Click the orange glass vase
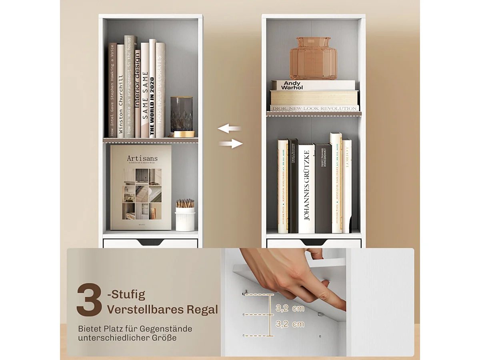(313, 58)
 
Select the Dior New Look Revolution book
(314, 108)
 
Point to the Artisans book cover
(141, 187)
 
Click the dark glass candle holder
(181, 116)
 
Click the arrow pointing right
(231, 144)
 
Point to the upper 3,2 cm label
(290, 308)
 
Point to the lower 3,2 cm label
(290, 324)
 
